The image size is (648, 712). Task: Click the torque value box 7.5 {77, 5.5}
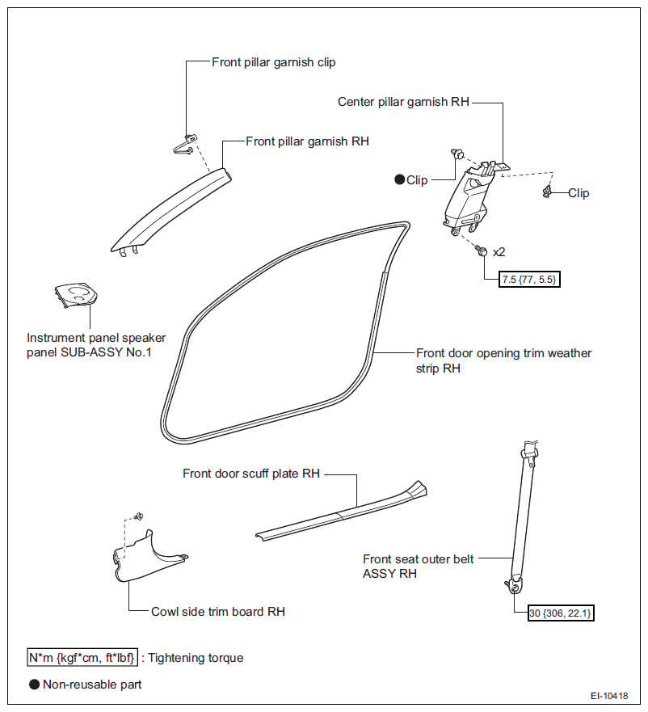529,280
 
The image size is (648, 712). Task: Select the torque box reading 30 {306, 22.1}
561,613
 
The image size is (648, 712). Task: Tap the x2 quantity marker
499,252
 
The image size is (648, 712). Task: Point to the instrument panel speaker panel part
76,297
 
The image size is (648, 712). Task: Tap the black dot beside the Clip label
400,179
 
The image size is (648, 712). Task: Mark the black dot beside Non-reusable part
35,685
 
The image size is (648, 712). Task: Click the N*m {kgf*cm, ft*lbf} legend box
82,658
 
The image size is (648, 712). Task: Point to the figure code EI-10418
609,696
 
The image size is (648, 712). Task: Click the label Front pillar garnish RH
307,141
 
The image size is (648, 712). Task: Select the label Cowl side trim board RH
218,612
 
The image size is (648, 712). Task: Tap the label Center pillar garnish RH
403,102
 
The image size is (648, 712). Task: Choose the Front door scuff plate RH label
251,474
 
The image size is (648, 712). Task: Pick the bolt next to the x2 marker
482,251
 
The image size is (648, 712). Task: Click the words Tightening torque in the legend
196,658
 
